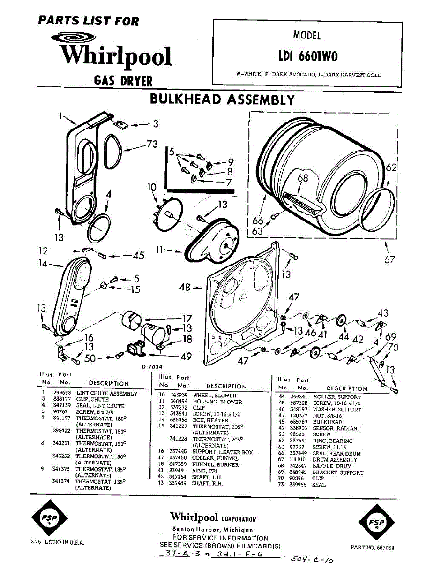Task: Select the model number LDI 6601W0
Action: [307, 56]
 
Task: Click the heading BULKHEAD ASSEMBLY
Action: [222, 100]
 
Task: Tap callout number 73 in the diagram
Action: [152, 145]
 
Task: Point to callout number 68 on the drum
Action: [303, 178]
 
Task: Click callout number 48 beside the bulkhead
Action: [185, 287]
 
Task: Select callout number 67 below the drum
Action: [390, 259]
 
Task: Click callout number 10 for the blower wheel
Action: [151, 188]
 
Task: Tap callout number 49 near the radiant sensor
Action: [186, 357]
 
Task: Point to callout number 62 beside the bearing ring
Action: [391, 167]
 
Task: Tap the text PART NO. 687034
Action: [373, 548]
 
